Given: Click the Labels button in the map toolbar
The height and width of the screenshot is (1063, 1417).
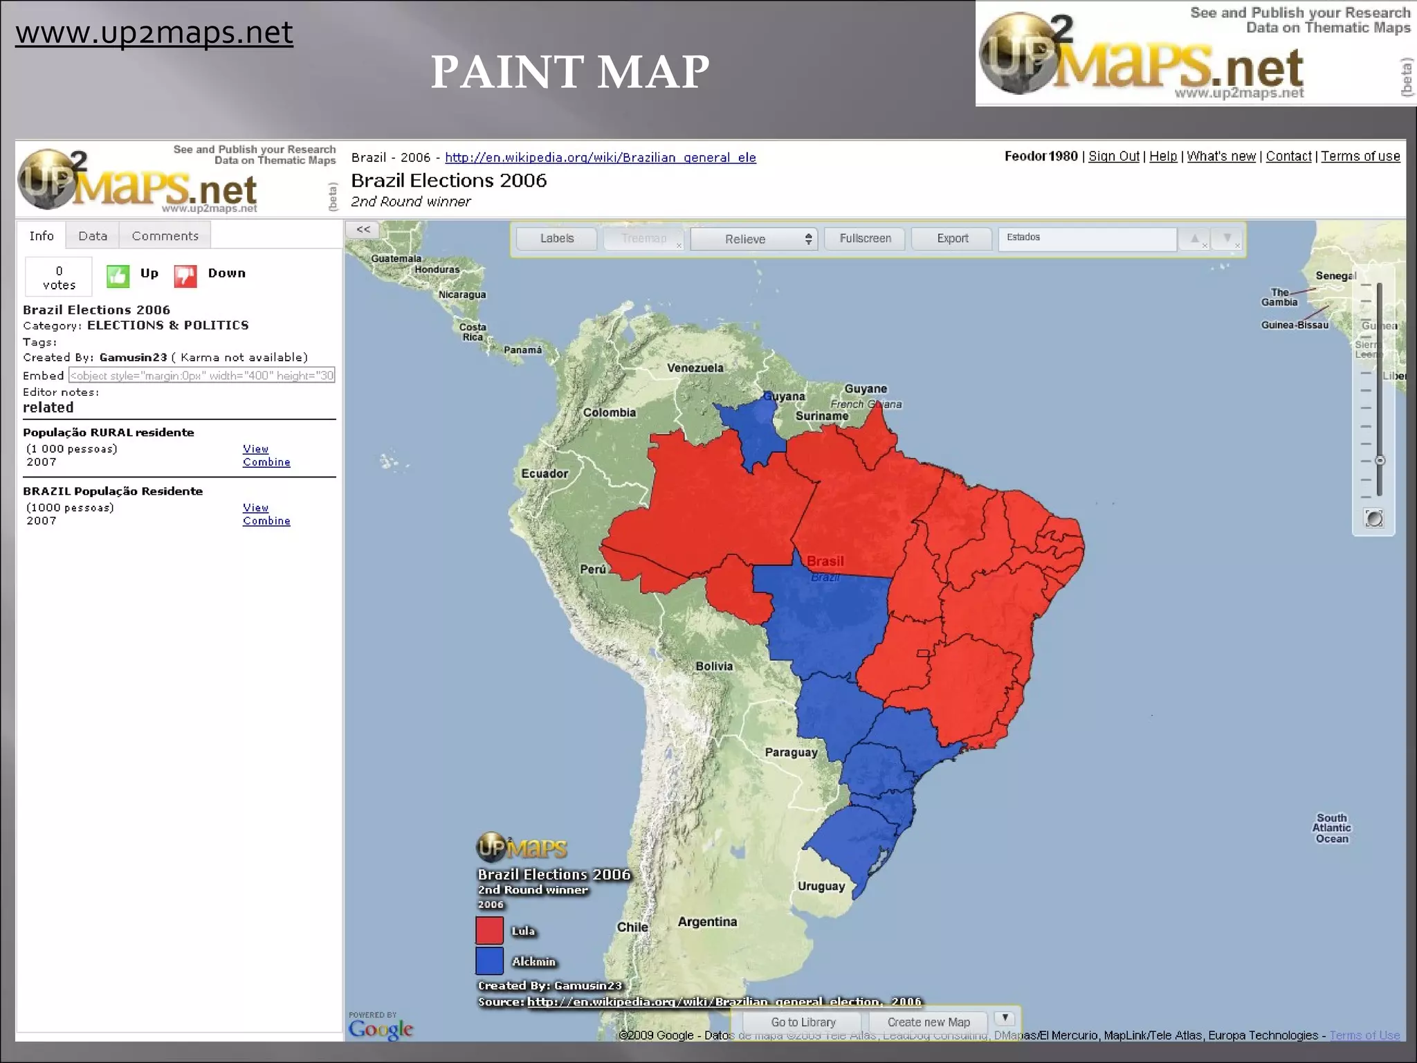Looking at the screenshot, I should pos(556,239).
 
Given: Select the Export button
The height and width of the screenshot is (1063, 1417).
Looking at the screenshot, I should pos(952,239).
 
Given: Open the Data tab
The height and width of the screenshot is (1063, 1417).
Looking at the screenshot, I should pos(93,236).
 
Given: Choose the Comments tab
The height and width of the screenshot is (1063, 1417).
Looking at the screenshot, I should pos(165,236).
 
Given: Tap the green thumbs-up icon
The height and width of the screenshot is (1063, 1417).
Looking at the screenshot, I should pos(118,276).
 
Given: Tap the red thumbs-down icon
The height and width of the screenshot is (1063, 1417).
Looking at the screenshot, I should pos(185,276).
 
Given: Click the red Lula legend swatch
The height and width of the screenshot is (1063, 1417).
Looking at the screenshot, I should pos(489,930).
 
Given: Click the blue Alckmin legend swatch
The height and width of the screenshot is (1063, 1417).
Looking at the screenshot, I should pos(489,961).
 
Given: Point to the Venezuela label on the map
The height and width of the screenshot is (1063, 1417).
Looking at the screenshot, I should pos(695,368).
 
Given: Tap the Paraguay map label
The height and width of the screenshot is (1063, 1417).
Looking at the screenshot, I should pos(791,752).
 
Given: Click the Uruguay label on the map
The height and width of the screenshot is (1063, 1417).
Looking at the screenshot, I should pos(821,887).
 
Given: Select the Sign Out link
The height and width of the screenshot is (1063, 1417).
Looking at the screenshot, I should pos(1113,156).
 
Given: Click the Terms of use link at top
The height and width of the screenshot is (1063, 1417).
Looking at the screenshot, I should pos(1360,156).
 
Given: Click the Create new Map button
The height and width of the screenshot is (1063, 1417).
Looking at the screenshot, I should pos(929,1022).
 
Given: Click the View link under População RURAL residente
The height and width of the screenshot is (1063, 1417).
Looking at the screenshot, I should pos(255,449).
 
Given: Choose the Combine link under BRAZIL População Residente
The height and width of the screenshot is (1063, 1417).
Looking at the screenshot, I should pos(266,521).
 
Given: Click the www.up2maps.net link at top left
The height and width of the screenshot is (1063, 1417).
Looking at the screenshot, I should pos(154,33).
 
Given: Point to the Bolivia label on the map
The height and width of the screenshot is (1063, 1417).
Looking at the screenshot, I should pos(714,666).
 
